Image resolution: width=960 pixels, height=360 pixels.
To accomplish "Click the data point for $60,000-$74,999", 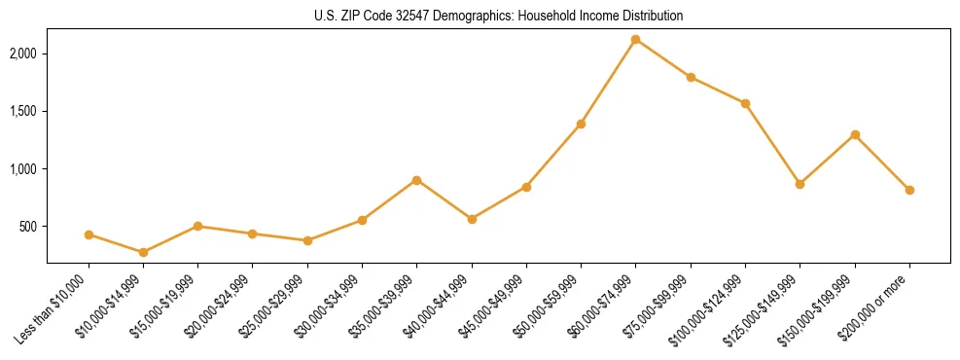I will tap(635, 40).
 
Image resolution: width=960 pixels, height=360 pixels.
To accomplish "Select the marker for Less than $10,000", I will tap(89, 234).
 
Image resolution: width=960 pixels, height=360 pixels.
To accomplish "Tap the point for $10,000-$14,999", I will tap(143, 252).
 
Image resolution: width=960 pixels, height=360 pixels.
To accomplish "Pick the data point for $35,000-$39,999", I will tap(416, 180).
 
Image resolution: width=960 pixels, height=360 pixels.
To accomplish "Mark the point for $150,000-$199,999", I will tap(855, 134).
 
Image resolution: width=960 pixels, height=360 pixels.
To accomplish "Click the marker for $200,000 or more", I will tap(909, 190).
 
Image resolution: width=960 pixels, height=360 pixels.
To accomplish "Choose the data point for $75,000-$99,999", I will tap(691, 77).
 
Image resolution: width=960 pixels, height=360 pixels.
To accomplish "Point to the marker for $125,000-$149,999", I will tap(800, 184).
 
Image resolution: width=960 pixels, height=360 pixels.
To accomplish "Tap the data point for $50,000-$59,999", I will tap(581, 124).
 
